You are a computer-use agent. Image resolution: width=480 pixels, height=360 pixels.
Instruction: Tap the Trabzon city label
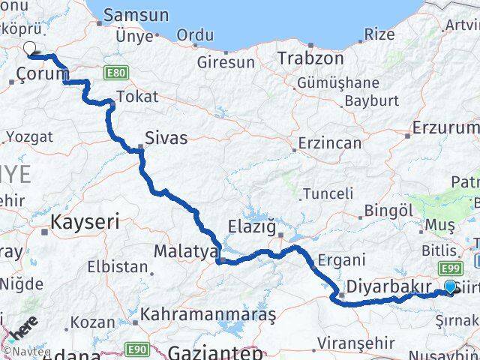[310, 58]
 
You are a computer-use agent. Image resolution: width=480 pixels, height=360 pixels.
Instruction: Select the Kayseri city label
[85, 221]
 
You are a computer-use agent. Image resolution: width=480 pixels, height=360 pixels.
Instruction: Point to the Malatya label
[185, 250]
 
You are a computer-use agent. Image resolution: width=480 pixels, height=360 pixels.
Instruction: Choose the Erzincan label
[331, 142]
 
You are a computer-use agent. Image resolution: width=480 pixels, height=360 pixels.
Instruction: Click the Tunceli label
[328, 193]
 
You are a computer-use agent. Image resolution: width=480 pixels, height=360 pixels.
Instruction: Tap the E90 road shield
[136, 349]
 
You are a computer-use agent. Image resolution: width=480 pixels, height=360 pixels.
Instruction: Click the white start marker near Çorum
[29, 49]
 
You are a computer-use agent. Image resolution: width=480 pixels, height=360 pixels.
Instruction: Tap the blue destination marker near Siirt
[450, 286]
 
